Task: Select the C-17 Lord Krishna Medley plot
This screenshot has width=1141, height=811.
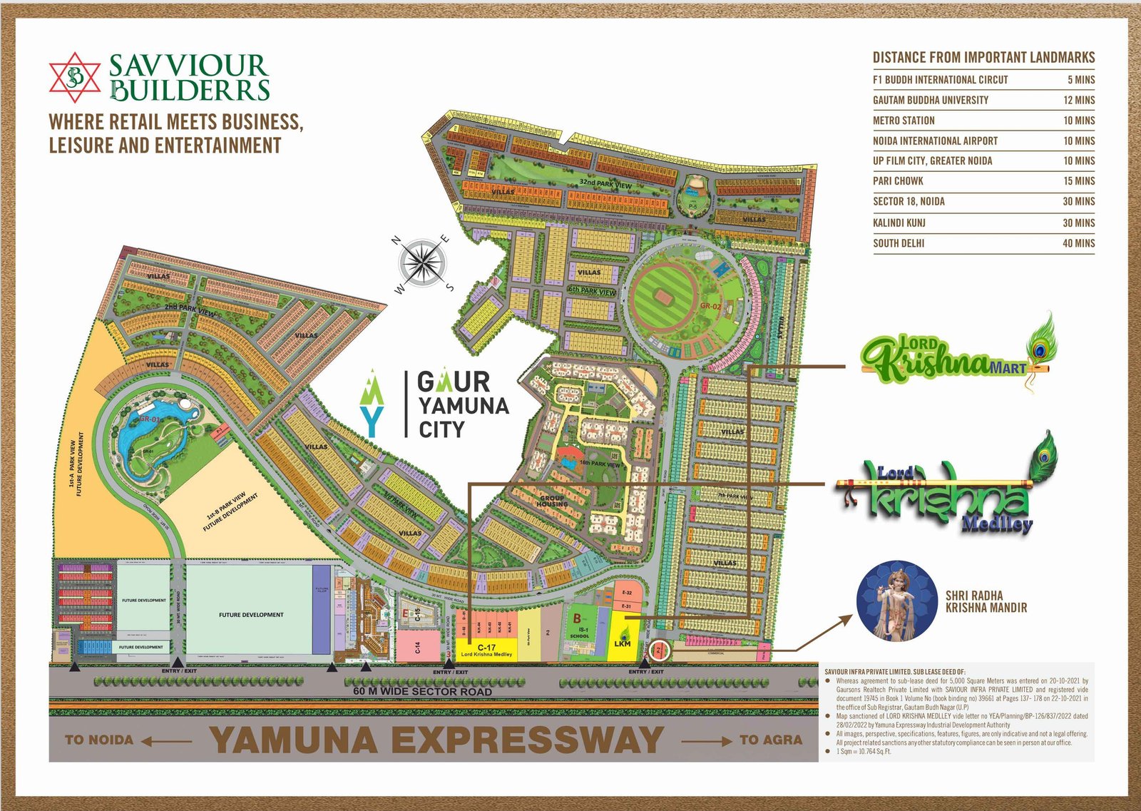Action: tap(486, 650)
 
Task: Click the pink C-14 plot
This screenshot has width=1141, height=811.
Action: tap(418, 647)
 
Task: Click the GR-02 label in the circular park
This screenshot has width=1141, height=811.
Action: tap(710, 306)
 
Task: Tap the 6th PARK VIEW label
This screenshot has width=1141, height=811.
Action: tap(592, 291)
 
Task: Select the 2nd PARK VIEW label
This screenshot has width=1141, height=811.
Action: tap(190, 310)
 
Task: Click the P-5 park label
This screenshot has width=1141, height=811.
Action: tap(692, 205)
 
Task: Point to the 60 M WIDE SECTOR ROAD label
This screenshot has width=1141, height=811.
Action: tap(422, 691)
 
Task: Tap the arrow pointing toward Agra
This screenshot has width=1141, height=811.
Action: tap(706, 741)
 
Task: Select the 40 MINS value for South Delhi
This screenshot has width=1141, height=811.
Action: tap(1078, 243)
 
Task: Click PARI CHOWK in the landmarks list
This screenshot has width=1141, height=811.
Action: tap(898, 181)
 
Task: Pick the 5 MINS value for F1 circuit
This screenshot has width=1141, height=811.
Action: tap(1080, 80)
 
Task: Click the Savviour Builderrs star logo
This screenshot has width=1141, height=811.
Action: tap(75, 77)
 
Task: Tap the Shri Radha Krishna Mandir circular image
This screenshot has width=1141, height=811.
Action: tap(896, 600)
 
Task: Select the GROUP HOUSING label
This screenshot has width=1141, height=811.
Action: tap(553, 501)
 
